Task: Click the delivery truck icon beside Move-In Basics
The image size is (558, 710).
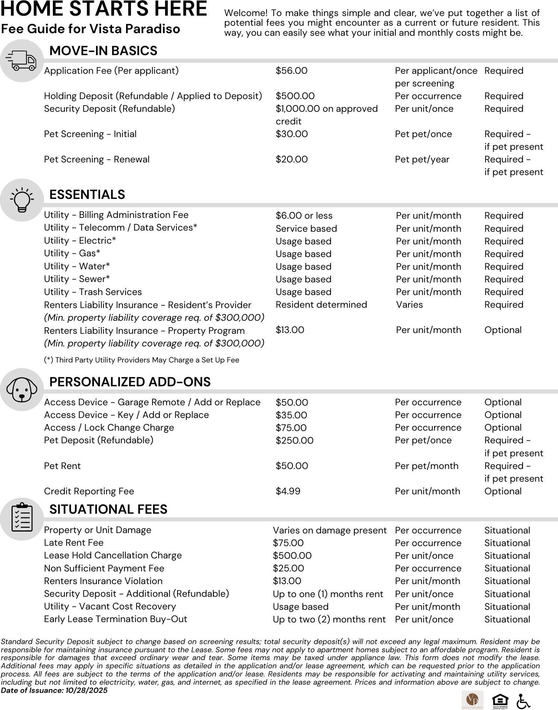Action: (x=22, y=61)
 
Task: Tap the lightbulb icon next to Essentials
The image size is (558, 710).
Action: (x=22, y=200)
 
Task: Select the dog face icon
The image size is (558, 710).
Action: (x=22, y=390)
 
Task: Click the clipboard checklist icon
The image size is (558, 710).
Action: (x=22, y=518)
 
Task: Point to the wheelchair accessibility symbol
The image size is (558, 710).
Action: (x=523, y=701)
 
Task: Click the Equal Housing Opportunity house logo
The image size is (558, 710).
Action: (x=500, y=700)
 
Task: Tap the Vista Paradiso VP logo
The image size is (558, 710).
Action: (x=472, y=700)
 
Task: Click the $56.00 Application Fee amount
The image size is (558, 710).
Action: (x=291, y=71)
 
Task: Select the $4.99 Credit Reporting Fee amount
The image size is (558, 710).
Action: (x=288, y=491)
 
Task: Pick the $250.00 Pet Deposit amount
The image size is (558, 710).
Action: (x=294, y=441)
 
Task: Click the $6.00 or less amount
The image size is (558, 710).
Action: (x=304, y=216)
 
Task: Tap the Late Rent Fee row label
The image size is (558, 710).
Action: (x=74, y=543)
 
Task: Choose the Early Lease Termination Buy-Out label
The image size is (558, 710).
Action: (x=115, y=619)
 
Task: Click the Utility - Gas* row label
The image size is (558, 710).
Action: (x=72, y=253)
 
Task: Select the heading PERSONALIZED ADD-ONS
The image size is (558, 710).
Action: (x=130, y=382)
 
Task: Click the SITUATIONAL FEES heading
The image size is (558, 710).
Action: (x=108, y=510)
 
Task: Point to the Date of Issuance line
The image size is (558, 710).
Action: (x=54, y=690)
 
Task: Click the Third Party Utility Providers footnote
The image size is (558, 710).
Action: (x=141, y=360)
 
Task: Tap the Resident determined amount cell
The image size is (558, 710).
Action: (x=321, y=305)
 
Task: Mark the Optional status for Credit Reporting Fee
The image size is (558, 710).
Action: (x=503, y=491)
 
